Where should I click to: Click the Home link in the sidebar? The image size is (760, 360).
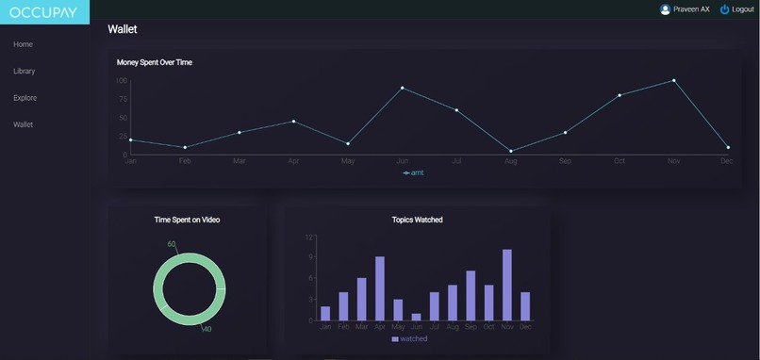[24, 44]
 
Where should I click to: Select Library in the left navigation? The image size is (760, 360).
[25, 71]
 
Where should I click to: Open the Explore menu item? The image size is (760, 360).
[25, 98]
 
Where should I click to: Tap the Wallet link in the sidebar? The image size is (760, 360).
[24, 124]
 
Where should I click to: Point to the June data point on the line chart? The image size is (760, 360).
[402, 88]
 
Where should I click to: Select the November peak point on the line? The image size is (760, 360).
[673, 80]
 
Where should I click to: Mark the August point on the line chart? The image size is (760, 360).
[511, 151]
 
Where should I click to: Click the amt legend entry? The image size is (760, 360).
[414, 172]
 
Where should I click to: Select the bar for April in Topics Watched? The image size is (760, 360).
[380, 288]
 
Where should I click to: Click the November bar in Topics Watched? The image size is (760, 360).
[506, 285]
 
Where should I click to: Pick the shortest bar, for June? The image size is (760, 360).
[416, 317]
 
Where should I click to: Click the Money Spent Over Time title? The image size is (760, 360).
[155, 62]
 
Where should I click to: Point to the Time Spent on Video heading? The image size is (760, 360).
[188, 220]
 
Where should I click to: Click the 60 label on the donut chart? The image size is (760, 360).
[172, 244]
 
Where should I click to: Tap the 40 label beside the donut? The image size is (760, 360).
[207, 329]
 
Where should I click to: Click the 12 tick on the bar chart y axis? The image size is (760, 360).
[308, 237]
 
